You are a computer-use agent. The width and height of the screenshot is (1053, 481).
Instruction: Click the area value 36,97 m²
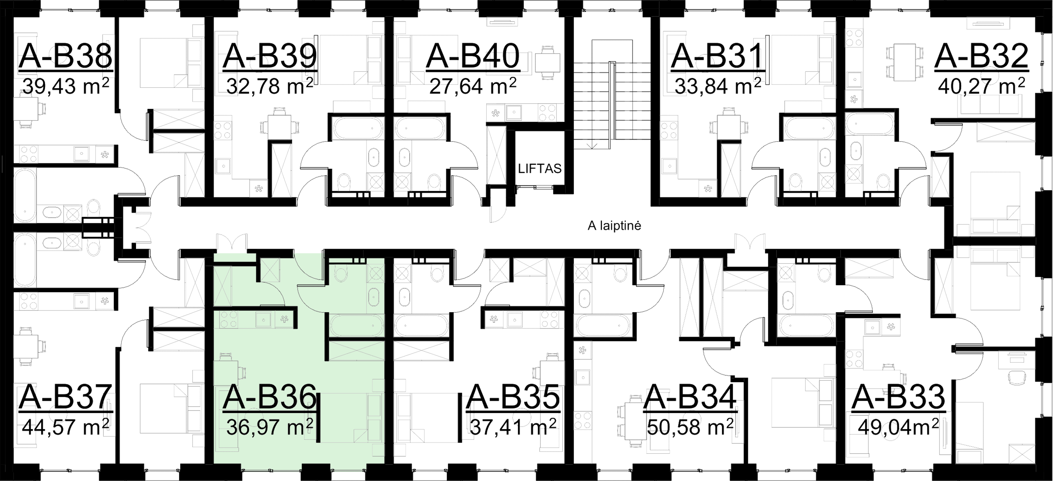click(x=269, y=428)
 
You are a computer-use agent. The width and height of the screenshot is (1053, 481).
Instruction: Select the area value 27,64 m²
click(x=472, y=86)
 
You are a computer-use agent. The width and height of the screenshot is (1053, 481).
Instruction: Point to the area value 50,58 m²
click(x=690, y=428)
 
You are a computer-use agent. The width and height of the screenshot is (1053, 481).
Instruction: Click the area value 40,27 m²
click(x=981, y=86)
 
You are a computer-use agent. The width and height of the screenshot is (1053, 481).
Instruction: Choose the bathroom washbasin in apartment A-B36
click(x=373, y=295)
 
